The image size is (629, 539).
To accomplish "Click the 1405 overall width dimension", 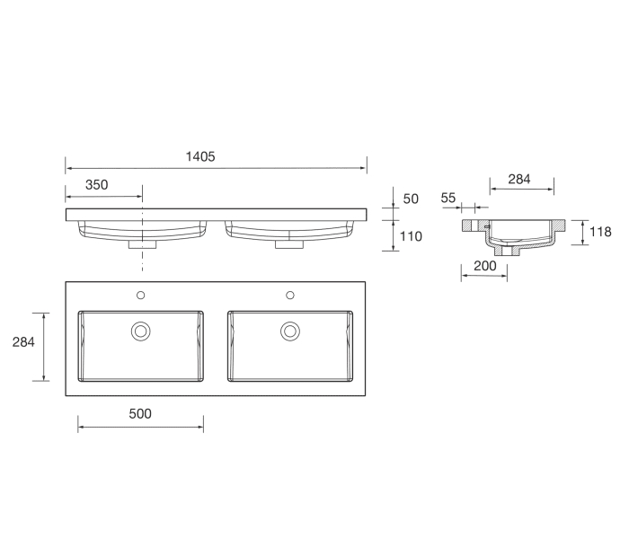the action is point(200,156).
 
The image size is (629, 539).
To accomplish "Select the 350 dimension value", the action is point(97,185).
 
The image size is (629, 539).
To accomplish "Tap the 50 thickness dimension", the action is point(411,199).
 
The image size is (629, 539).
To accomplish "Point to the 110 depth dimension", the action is point(412,236).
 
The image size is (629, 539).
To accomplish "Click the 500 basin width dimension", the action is point(140,414).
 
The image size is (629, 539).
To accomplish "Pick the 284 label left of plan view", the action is point(23,342).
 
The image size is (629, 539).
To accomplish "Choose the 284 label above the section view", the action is point(519,180).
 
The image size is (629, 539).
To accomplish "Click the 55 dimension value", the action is point(448,198).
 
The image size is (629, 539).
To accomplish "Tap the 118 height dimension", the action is point(600,232).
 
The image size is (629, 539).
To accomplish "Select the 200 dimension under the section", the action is point(485,266).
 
